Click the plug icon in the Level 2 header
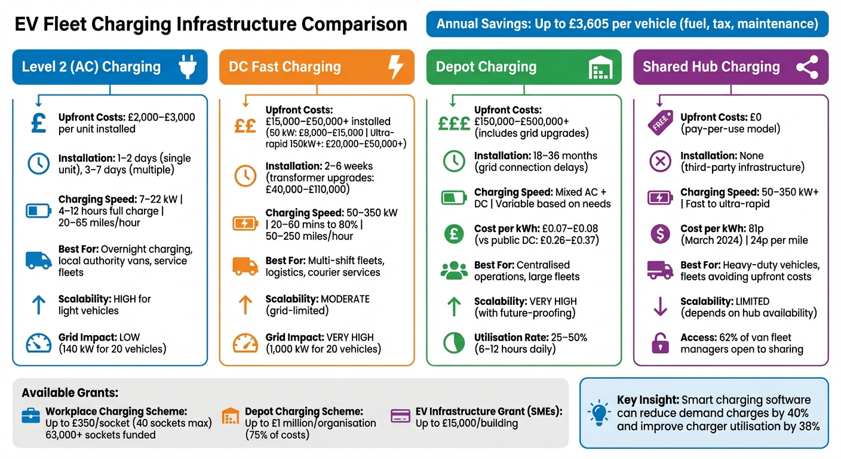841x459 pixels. (188, 66)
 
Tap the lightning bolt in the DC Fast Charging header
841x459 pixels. (395, 66)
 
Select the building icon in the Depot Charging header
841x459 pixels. (601, 68)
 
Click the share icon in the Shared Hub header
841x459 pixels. (807, 67)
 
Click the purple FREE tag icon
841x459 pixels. (660, 123)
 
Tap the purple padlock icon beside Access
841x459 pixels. (660, 343)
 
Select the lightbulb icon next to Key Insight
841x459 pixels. (598, 412)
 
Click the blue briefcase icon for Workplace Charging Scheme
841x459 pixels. (31, 416)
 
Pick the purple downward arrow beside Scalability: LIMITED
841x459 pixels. (660, 307)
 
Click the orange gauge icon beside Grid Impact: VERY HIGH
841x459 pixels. (245, 343)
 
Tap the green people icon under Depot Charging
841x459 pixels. (454, 270)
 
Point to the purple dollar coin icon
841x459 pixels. (660, 234)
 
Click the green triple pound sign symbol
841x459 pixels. (454, 123)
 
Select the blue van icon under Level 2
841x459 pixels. (38, 260)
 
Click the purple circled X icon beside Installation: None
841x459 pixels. (660, 161)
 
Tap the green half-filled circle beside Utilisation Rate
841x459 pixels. (454, 343)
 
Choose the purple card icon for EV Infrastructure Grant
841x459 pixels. (400, 415)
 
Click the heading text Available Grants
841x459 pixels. (70, 393)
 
